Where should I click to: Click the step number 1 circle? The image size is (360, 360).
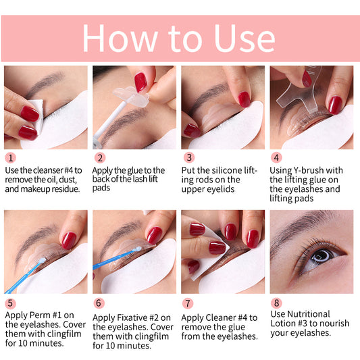[10, 158]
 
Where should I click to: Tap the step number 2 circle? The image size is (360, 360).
[99, 158]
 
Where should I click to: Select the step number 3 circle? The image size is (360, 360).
[188, 158]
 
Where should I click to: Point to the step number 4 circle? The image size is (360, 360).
[276, 158]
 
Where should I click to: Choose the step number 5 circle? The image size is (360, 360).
[10, 304]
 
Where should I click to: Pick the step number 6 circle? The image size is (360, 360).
[99, 304]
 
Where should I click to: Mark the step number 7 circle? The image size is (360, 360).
[188, 304]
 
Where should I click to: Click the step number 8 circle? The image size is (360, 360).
[276, 304]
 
